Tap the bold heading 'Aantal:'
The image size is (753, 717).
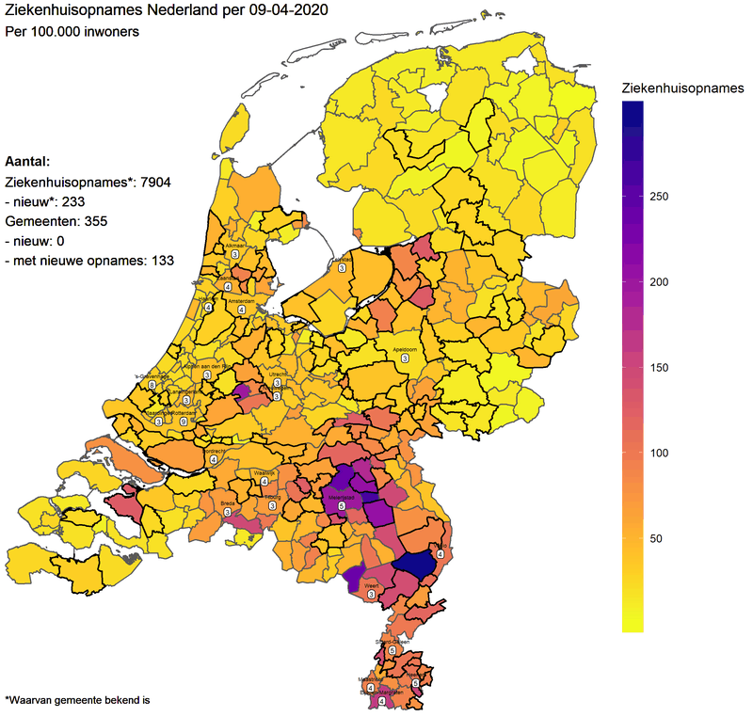pyautogui.click(x=27, y=161)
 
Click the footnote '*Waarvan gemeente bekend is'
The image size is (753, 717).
pyautogui.click(x=77, y=700)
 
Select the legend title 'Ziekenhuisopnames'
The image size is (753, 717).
pyautogui.click(x=683, y=88)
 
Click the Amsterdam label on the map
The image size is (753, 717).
pyautogui.click(x=241, y=301)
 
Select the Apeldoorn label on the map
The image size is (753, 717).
pyautogui.click(x=405, y=348)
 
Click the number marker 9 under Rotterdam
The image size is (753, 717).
pyautogui.click(x=184, y=422)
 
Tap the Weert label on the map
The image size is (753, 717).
pyautogui.click(x=371, y=585)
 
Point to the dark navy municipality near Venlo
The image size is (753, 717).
pyautogui.click(x=414, y=565)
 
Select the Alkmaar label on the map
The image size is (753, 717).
pyautogui.click(x=233, y=245)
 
